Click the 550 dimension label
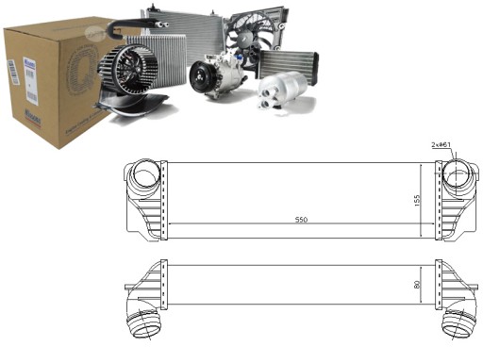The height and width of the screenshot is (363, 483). coord(301,220)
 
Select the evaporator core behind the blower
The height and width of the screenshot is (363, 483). coord(168,61)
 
